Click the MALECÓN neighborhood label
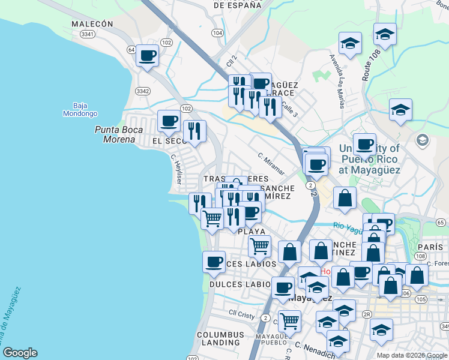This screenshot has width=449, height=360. (x=92, y=24)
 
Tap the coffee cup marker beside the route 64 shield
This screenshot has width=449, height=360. (x=147, y=56)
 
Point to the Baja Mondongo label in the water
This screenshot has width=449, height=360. (x=80, y=109)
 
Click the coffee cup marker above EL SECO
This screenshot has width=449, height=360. (x=168, y=121)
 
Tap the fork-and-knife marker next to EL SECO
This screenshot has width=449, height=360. (x=194, y=131)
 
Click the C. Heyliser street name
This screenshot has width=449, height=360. (x=176, y=169)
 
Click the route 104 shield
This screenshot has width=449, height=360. (x=217, y=32)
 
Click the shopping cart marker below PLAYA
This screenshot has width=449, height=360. (x=259, y=245)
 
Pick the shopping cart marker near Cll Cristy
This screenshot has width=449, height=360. (x=289, y=320)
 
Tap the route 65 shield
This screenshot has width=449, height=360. (x=441, y=223)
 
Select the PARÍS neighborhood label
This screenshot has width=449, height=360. (x=428, y=247)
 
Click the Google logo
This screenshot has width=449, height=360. (x=20, y=353)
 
